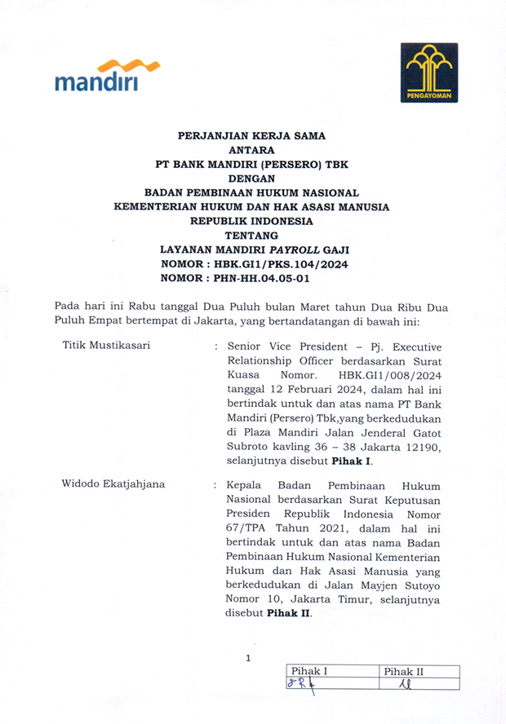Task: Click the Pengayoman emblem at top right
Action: pyautogui.click(x=428, y=73)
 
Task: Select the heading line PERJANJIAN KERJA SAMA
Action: pyautogui.click(x=251, y=136)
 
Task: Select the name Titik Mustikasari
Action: pyautogui.click(x=106, y=345)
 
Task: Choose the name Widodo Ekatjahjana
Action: pyautogui.click(x=113, y=483)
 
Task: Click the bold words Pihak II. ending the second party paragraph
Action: pyautogui.click(x=291, y=613)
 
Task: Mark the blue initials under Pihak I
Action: pyautogui.click(x=301, y=685)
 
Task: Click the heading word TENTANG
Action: pyautogui.click(x=251, y=236)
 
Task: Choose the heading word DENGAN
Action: pyautogui.click(x=251, y=179)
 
